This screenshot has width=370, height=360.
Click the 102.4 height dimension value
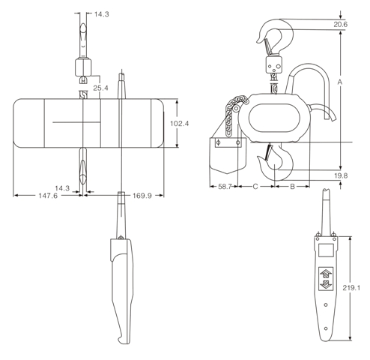coord(178,122)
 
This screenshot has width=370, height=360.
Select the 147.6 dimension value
coord(47,196)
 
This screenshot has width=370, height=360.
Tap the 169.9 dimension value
coord(142,196)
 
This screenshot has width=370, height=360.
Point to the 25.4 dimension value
coord(100,88)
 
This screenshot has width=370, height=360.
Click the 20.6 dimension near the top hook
coord(340,25)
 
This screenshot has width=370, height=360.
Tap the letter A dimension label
coord(340,80)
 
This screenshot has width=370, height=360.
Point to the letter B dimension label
coord(292,184)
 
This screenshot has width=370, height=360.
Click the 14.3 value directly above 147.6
coord(62,187)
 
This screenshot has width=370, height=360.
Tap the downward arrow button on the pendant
coord(326,286)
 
